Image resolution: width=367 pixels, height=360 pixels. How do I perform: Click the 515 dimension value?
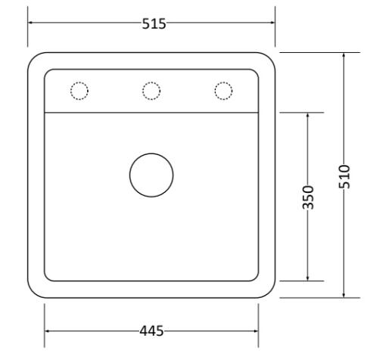(154, 24)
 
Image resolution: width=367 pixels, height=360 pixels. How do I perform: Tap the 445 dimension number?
(151, 331)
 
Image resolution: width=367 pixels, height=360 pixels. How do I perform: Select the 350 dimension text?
(308, 197)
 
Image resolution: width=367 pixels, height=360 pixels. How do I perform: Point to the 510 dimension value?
(344, 176)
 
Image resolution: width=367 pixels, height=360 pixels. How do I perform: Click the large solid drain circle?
(151, 154)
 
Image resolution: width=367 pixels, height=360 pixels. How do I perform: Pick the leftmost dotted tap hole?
(79, 82)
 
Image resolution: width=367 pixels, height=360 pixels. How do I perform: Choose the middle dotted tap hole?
(151, 82)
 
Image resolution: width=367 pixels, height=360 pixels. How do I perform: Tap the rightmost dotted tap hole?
(223, 82)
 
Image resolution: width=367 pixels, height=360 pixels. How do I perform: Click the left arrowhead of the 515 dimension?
(30, 23)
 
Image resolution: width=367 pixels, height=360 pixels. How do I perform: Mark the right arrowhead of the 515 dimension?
(272, 23)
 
